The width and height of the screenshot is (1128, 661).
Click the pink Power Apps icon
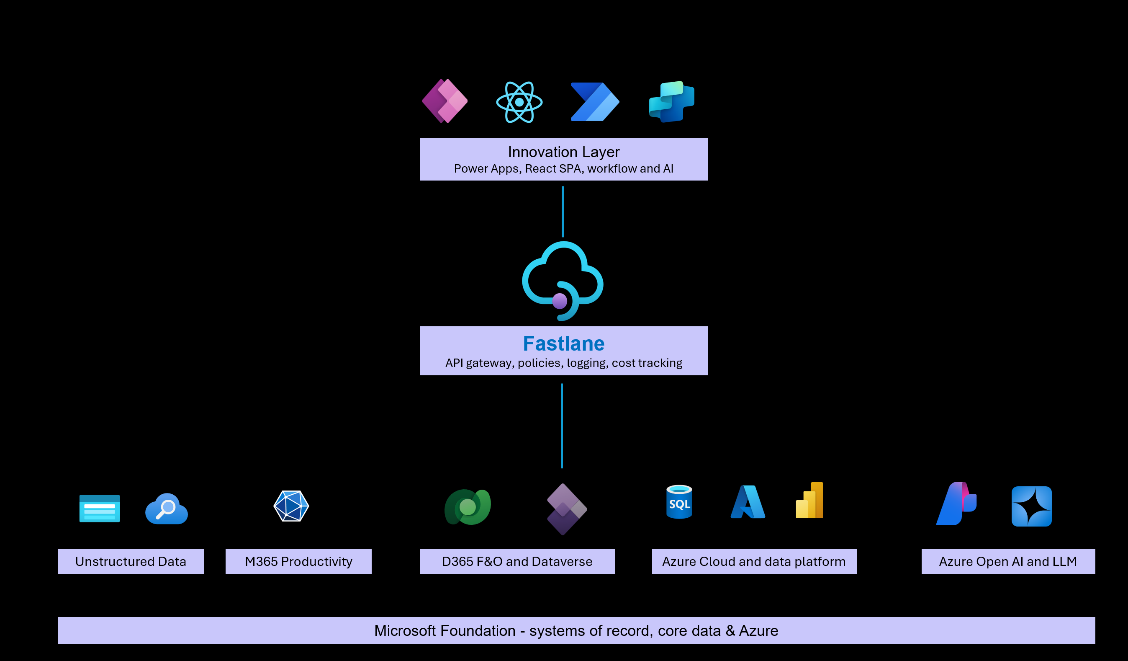point(445,101)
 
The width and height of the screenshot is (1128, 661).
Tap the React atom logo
point(519,102)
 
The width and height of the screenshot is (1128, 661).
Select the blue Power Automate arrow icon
point(594,102)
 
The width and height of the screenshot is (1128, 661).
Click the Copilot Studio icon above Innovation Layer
point(671,102)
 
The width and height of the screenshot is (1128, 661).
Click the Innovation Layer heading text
point(563,152)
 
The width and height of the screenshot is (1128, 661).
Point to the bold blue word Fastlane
point(563,344)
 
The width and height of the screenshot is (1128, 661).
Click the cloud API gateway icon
point(562,280)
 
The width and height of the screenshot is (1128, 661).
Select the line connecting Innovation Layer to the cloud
point(563,212)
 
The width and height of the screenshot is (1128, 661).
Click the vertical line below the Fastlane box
point(562,426)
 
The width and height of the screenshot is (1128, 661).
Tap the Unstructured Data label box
point(131,562)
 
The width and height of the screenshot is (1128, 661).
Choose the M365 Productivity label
point(298,562)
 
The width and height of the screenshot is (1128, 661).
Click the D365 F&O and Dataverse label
point(517,562)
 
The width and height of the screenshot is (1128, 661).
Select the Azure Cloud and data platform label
point(754,562)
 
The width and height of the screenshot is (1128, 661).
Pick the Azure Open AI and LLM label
point(1008,562)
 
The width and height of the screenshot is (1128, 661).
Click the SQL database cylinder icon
point(679,502)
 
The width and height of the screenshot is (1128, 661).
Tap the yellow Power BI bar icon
point(810,501)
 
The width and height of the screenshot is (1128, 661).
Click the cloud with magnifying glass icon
point(167,509)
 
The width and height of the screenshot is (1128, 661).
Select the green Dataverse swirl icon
point(468,507)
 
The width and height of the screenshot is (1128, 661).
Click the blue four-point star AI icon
point(1031,506)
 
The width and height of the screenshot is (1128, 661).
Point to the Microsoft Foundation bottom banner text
point(576,630)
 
